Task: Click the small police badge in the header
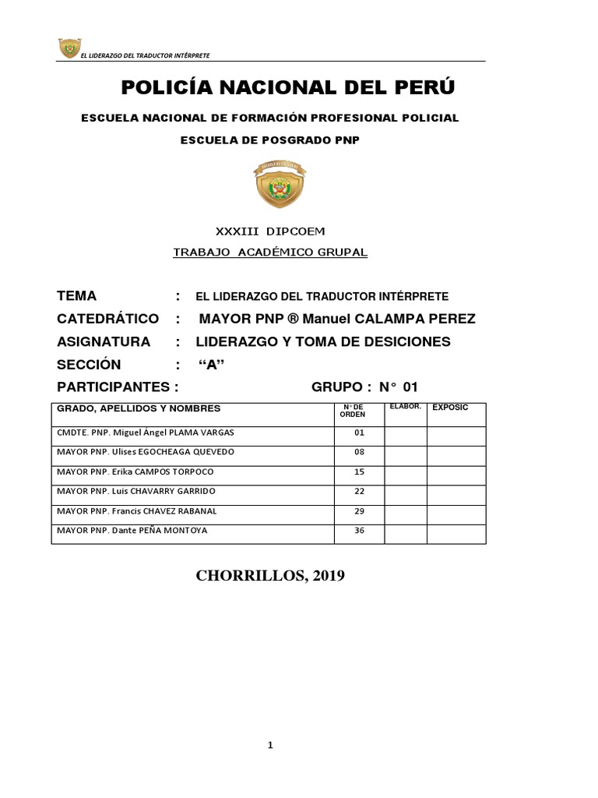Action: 69,49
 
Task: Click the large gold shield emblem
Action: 280,184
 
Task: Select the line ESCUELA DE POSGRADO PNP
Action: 270,139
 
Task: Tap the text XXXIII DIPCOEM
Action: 270,231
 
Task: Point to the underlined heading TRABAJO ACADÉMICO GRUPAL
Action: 269,252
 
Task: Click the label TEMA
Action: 76,296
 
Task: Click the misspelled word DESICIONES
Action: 403,342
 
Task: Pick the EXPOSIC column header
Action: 450,408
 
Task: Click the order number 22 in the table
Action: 359,492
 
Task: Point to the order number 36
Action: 359,531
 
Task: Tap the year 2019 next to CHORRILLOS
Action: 327,577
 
